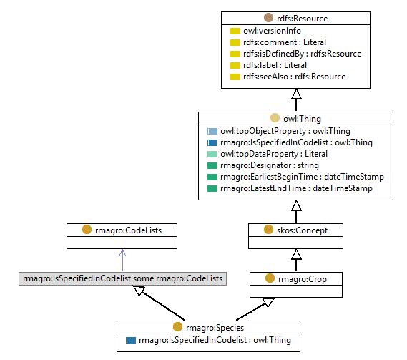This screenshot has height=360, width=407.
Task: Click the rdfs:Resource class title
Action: (x=302, y=19)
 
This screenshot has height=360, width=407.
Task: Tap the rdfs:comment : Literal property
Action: (x=285, y=42)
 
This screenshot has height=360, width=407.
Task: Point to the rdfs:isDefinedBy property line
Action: (x=302, y=54)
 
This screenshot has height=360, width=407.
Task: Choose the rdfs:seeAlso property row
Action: (x=295, y=77)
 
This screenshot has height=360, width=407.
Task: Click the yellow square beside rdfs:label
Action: (x=235, y=65)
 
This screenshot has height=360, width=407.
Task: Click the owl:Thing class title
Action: (x=302, y=119)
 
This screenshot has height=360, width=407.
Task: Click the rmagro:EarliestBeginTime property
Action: (x=302, y=177)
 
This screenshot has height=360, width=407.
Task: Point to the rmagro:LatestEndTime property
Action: (x=296, y=188)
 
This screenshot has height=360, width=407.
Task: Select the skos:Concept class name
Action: (x=302, y=230)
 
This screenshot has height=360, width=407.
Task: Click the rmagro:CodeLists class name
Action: (x=128, y=230)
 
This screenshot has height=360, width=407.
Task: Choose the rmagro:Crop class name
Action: (x=303, y=279)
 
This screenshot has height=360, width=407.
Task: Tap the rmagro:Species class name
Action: (x=215, y=328)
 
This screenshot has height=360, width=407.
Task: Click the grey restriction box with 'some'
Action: (x=122, y=278)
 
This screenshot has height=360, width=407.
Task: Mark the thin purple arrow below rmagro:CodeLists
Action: (x=122, y=261)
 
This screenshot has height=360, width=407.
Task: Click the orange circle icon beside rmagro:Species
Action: (x=177, y=327)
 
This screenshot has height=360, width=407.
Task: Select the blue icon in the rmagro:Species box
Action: (x=131, y=340)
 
